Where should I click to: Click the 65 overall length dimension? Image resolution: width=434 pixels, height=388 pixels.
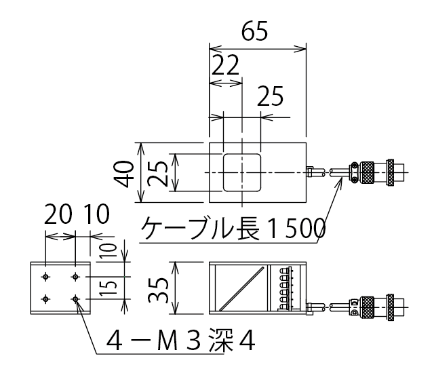pos(255,31)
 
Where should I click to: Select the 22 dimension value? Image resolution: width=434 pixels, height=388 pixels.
pos(225,67)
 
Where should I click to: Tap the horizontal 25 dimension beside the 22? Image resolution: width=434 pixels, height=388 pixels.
pos(271,98)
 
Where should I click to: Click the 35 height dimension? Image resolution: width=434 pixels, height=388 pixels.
pos(159,288)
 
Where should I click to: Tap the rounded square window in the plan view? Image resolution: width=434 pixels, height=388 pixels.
pos(242,172)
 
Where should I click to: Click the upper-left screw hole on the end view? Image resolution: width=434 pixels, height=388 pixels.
pos(45,276)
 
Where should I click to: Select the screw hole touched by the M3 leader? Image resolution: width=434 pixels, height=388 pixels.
pos(75,298)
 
